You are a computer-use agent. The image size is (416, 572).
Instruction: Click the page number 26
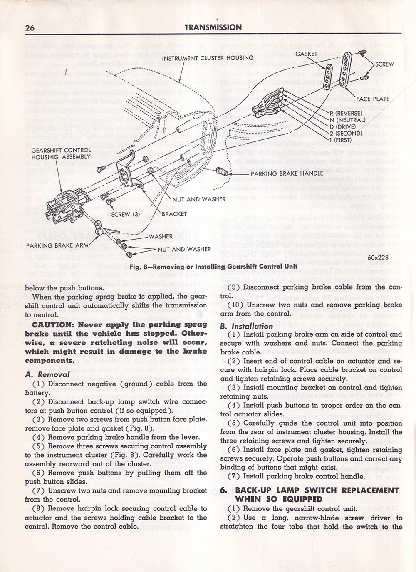pyautogui.click(x=30, y=28)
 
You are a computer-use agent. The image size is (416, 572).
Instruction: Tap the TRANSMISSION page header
pyautogui.click(x=213, y=27)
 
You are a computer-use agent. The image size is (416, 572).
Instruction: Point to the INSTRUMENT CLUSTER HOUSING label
pyautogui.click(x=208, y=58)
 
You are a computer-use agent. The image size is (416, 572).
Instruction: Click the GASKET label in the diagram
pyautogui.click(x=306, y=54)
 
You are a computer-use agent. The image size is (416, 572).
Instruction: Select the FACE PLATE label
pyautogui.click(x=373, y=99)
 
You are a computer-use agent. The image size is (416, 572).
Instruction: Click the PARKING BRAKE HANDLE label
pyautogui.click(x=287, y=173)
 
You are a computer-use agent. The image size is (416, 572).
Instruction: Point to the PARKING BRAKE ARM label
pyautogui.click(x=57, y=245)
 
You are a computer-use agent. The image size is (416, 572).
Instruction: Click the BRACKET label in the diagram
pyautogui.click(x=174, y=214)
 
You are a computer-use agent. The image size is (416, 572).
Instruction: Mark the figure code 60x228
pyautogui.click(x=378, y=257)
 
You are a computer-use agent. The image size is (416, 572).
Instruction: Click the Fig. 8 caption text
pyautogui.click(x=213, y=266)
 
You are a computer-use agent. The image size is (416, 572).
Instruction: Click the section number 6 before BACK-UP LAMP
pyautogui.click(x=223, y=490)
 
